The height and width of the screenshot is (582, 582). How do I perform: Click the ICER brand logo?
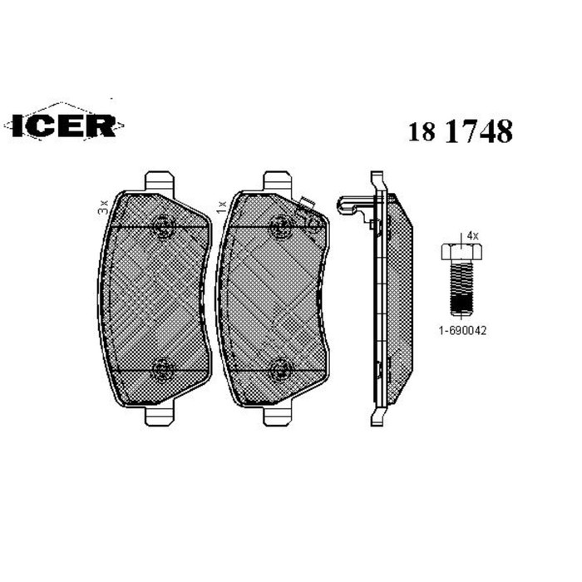pos(64,125)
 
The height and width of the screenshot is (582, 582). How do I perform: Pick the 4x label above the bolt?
pos(472,236)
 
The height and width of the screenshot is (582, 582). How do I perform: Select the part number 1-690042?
pos(461,330)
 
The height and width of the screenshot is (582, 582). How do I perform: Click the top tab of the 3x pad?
pos(159,180)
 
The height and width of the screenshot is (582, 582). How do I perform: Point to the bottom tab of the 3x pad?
pos(159,415)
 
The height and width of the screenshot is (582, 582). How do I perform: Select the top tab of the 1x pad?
pos(277,180)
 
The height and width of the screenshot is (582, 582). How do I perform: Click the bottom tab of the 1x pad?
pos(277,415)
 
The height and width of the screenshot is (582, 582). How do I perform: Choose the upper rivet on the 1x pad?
pos(280,222)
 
